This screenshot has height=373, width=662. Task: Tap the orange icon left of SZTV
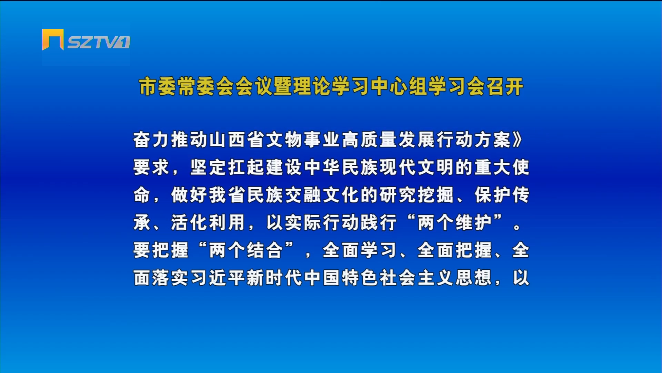point(53,39)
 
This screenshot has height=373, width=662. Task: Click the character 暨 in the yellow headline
point(283,86)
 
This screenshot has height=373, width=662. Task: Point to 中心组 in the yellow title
point(399,86)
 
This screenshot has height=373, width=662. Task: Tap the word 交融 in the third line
point(303,195)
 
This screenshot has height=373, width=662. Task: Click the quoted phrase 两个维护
point(455,223)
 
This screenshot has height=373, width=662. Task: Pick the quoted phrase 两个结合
point(246,250)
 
